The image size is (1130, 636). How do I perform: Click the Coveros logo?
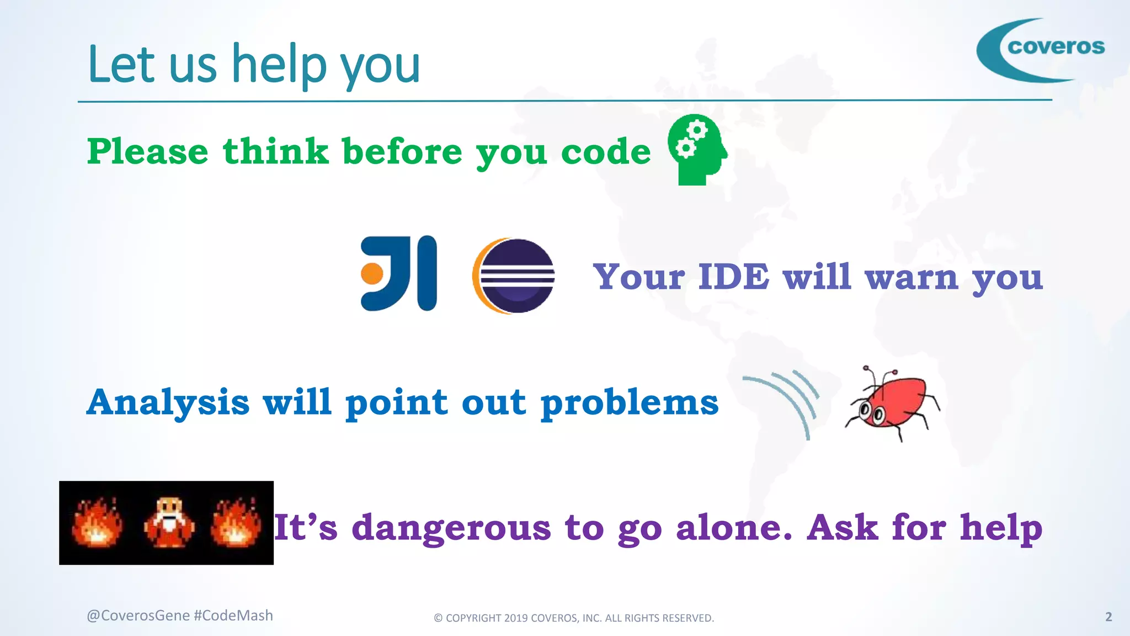pyautogui.click(x=1041, y=50)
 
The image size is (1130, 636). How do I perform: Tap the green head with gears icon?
pyautogui.click(x=697, y=150)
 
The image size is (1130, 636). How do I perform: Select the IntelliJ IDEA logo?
pyautogui.click(x=399, y=273)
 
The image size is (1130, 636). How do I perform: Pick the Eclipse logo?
pyautogui.click(x=514, y=275)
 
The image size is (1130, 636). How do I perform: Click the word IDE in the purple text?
pyautogui.click(x=733, y=277)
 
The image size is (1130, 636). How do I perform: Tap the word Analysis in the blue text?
pyautogui.click(x=168, y=402)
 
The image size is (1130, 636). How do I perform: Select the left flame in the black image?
pyautogui.click(x=97, y=523)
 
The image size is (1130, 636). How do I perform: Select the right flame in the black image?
pyautogui.click(x=236, y=523)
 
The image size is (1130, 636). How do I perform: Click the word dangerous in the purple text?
pyautogui.click(x=451, y=528)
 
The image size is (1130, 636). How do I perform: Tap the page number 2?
pyautogui.click(x=1108, y=617)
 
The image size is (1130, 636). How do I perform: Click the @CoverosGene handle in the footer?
pyautogui.click(x=138, y=616)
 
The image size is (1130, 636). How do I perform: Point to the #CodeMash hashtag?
pyautogui.click(x=233, y=616)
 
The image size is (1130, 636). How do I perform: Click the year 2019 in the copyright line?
pyautogui.click(x=515, y=618)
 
